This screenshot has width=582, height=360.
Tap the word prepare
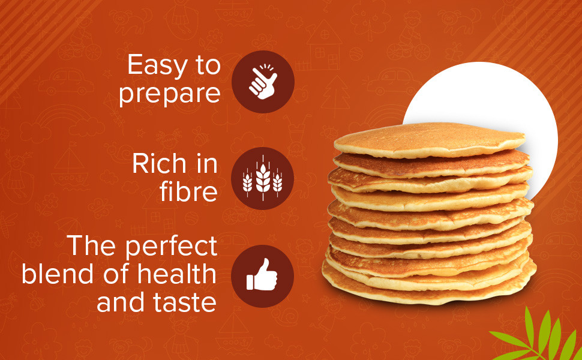click(170, 95)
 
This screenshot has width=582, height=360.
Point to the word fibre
click(188, 191)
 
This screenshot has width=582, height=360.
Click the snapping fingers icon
click(263, 82)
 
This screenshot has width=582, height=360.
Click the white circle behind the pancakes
click(510, 102)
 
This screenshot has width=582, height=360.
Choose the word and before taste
click(120, 302)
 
